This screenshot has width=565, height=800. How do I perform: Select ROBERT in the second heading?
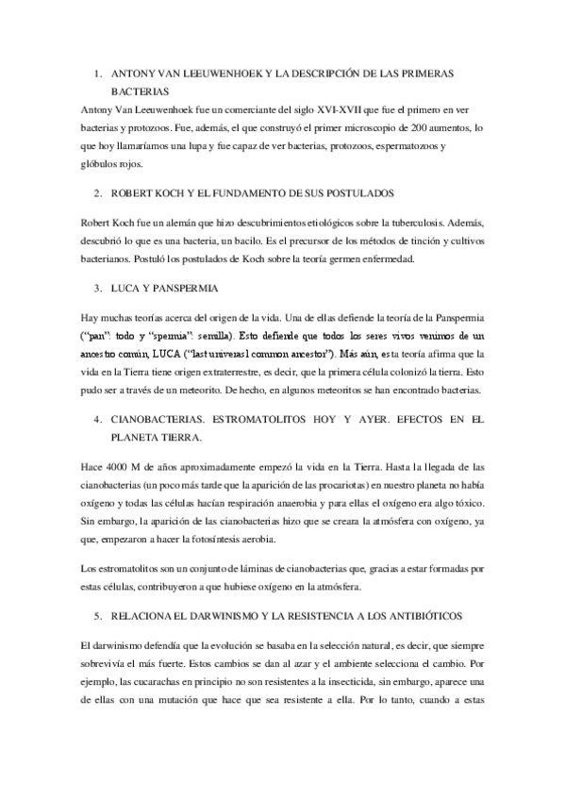133,192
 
